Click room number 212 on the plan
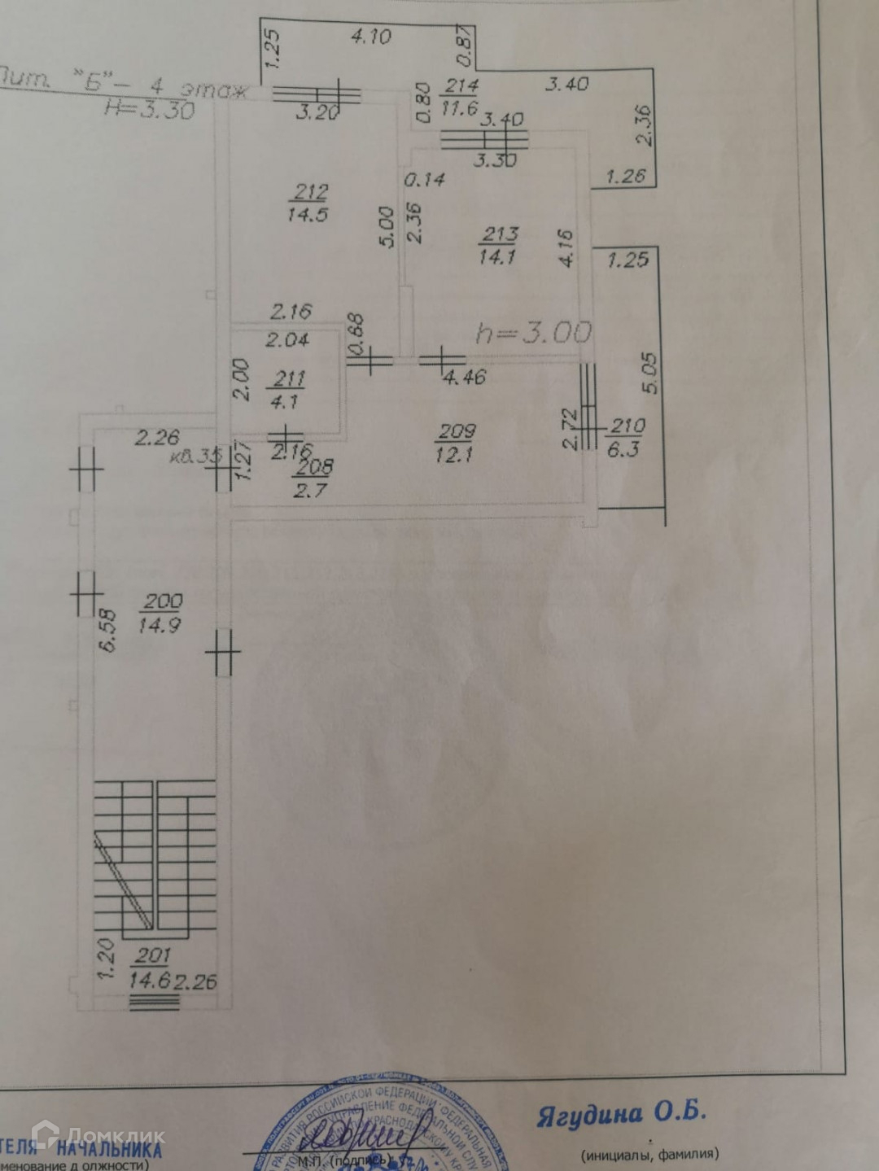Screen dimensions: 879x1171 tap(310, 192)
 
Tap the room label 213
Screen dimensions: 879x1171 tap(499, 234)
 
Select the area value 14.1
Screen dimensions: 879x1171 tap(498, 257)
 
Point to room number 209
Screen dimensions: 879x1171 tap(456, 431)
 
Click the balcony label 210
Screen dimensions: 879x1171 tap(627, 426)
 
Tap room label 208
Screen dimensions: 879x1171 tap(314, 467)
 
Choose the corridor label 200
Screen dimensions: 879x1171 tap(162, 602)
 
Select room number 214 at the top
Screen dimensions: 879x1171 tap(461, 85)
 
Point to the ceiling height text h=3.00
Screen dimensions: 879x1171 tap(533, 333)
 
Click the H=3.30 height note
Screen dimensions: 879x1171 tap(151, 110)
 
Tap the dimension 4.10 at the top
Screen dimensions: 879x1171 tap(370, 37)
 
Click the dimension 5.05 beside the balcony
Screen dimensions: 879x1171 tap(650, 373)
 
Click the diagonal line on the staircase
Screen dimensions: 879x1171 tap(122, 880)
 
